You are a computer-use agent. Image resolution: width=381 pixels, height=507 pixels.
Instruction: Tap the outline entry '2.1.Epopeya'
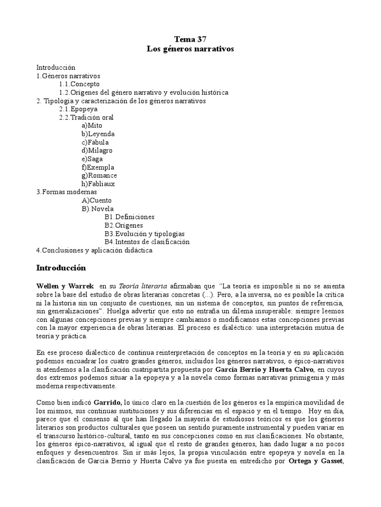tap(78, 109)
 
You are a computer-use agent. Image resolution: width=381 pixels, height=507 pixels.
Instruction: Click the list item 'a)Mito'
tap(92, 126)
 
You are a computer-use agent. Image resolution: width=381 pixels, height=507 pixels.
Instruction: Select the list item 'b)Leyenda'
tap(98, 134)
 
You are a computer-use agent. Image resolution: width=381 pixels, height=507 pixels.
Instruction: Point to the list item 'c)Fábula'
tap(96, 143)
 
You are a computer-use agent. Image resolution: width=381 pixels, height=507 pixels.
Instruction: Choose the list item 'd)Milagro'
tap(97, 151)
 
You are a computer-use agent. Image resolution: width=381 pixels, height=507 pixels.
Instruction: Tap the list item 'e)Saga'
tap(92, 159)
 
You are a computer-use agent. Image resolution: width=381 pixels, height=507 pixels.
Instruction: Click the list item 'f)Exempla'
tap(98, 167)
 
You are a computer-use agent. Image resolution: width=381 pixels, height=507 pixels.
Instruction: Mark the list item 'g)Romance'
tap(100, 175)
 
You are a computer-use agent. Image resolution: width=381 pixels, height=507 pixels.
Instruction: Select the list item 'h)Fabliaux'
tap(98, 184)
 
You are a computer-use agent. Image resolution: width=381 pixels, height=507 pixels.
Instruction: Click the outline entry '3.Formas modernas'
tap(67, 192)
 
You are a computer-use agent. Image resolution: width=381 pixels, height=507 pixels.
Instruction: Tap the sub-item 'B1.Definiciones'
tap(129, 217)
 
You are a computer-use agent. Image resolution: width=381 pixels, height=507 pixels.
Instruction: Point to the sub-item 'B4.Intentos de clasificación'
tap(147, 242)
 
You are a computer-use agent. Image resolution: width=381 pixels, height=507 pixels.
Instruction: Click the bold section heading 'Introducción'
tap(61, 268)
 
